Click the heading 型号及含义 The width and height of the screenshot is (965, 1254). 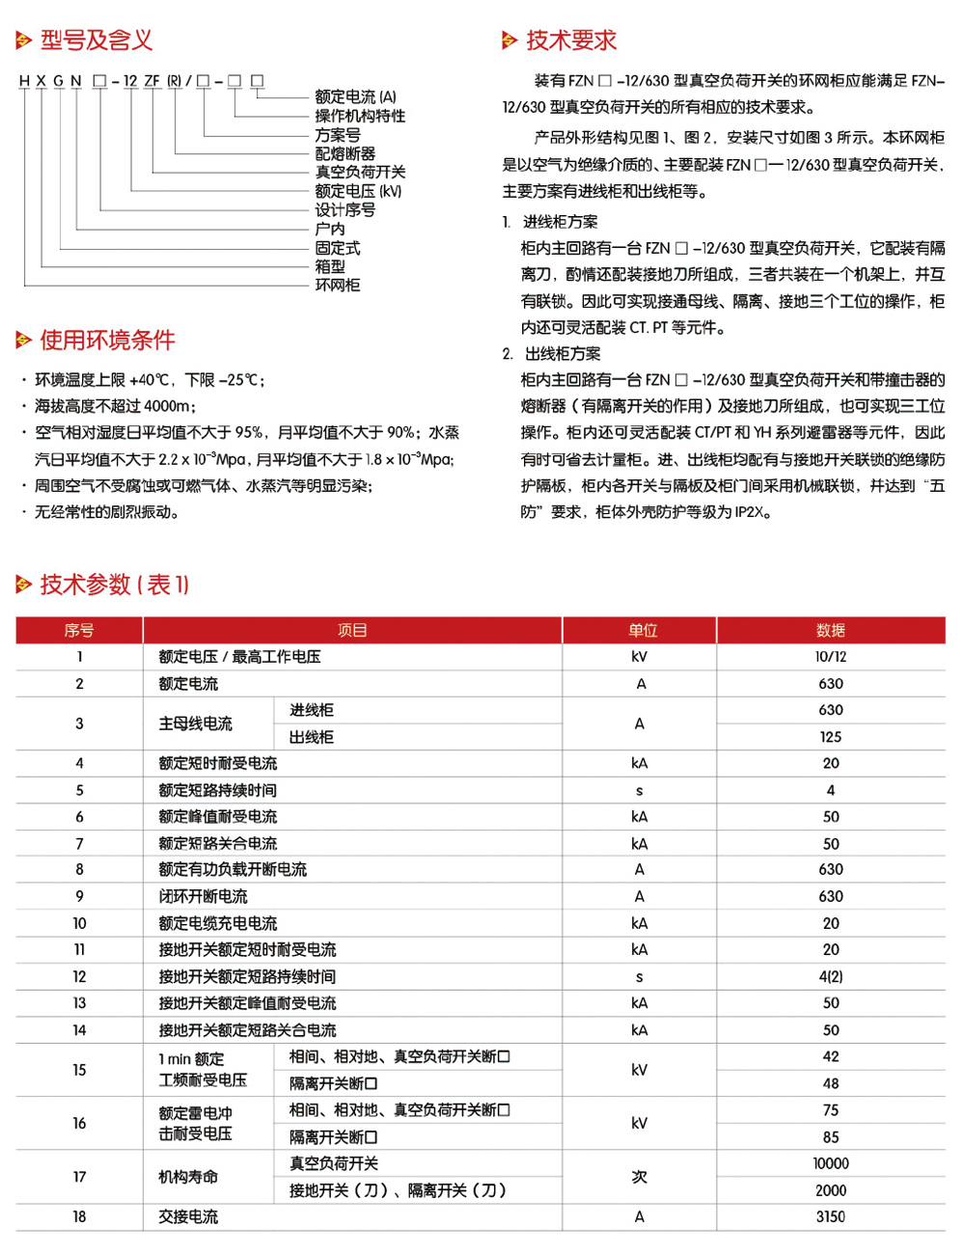pyautogui.click(x=96, y=41)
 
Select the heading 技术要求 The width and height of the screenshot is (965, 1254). pyautogui.click(x=570, y=41)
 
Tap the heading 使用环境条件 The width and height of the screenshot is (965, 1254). pyautogui.click(x=107, y=341)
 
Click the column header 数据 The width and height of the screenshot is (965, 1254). pyautogui.click(x=830, y=631)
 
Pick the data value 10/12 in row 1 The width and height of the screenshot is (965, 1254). pyautogui.click(x=830, y=657)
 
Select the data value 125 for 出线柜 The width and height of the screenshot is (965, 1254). pyautogui.click(x=830, y=737)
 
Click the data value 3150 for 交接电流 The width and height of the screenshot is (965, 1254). pyautogui.click(x=830, y=1217)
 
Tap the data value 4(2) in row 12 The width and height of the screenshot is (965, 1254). pyautogui.click(x=830, y=977)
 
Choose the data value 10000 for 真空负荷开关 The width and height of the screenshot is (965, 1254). pyautogui.click(x=830, y=1164)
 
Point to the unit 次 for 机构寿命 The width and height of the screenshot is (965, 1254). pyautogui.click(x=639, y=1178)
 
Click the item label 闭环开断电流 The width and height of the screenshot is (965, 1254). pyautogui.click(x=203, y=897)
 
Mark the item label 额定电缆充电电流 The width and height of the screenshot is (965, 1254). pyautogui.click(x=217, y=924)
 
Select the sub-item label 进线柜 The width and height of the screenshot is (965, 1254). pyautogui.click(x=311, y=711)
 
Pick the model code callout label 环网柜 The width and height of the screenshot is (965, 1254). pyautogui.click(x=337, y=286)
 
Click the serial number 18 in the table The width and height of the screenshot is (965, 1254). pyautogui.click(x=79, y=1217)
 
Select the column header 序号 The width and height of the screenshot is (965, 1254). pyautogui.click(x=79, y=631)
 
